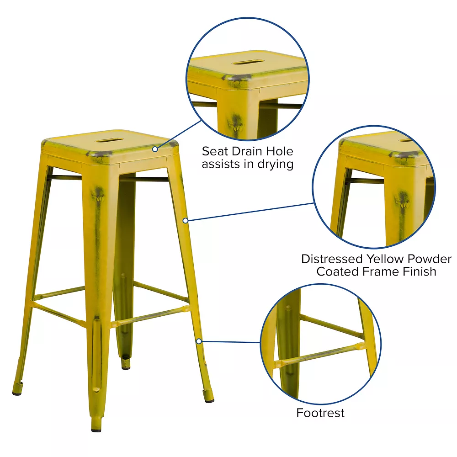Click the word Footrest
[x=320, y=413]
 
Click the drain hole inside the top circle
[x=248, y=62]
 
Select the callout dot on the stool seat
[x=155, y=149]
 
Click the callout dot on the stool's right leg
[x=186, y=221]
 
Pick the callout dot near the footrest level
[x=199, y=341]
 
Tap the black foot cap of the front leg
[x=96, y=430]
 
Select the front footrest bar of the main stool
[x=149, y=316]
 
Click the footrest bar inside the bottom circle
[x=319, y=355]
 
